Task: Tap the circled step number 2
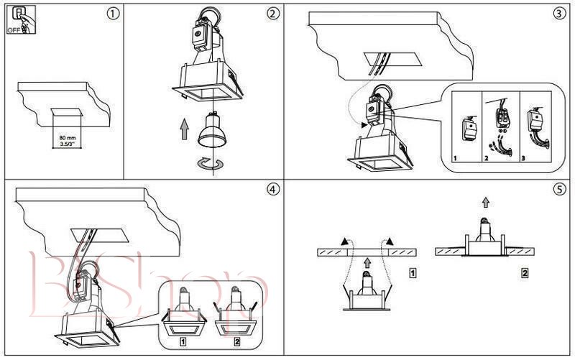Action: click(272, 14)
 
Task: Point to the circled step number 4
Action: click(272, 190)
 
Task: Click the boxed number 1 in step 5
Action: click(411, 273)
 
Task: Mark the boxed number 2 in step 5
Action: click(525, 273)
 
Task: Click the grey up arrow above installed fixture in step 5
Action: click(486, 203)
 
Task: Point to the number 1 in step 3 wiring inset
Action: click(455, 155)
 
